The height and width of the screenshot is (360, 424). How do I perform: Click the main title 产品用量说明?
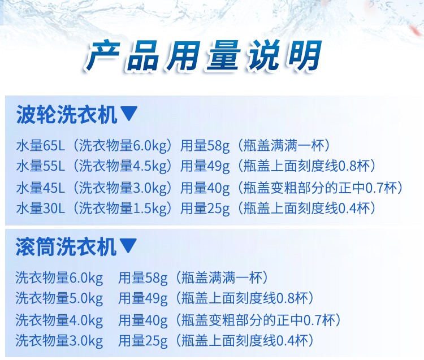point(204,55)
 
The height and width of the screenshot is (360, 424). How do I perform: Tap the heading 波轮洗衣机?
point(67,114)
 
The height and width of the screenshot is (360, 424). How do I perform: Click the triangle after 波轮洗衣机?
point(129,113)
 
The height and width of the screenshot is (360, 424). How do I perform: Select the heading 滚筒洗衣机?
point(66,246)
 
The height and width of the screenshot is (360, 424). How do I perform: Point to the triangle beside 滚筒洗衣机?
point(128,245)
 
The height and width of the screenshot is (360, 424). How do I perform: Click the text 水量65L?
point(41,145)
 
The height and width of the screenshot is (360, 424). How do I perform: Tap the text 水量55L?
point(41,166)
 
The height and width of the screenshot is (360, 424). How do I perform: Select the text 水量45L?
point(41,188)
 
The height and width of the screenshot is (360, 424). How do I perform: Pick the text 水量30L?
point(41,208)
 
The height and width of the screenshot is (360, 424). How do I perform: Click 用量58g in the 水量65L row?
point(205,146)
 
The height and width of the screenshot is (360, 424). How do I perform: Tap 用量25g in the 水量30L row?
point(205,209)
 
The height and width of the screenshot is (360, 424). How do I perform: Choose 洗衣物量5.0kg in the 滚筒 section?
point(59,299)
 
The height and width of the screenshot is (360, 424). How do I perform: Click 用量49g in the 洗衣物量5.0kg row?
point(143,299)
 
